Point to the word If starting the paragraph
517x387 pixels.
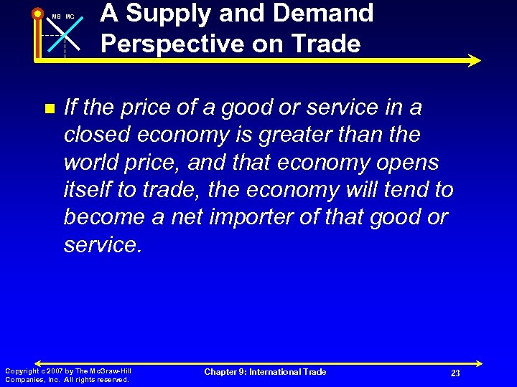coord(70,107)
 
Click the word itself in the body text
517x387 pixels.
coord(86,190)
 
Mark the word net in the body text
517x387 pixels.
coord(190,217)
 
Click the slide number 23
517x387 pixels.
coord(455,373)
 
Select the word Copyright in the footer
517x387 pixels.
coord(22,371)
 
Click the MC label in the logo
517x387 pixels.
coord(70,16)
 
